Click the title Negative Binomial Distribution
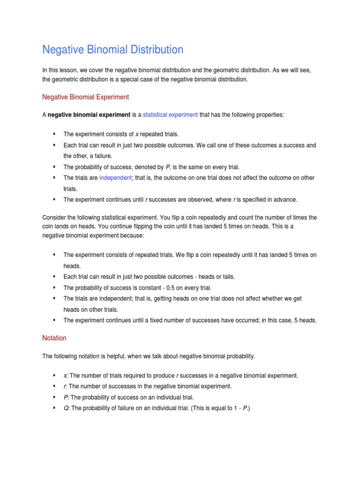click(112, 50)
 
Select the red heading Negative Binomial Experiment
click(85, 97)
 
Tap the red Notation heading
click(54, 338)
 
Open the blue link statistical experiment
click(170, 115)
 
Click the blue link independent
click(115, 178)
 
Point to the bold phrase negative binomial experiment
click(89, 115)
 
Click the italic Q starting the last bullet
click(66, 408)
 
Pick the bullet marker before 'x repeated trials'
click(54, 134)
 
